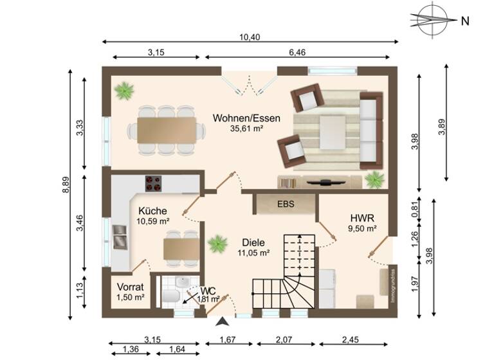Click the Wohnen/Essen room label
[240, 118]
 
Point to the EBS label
[286, 204]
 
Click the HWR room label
[363, 217]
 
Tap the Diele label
[253, 242]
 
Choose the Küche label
[152, 211]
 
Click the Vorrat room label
[129, 287]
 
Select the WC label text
[207, 291]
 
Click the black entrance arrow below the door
[223, 322]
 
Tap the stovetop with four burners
[153, 184]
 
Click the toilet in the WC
[170, 296]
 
